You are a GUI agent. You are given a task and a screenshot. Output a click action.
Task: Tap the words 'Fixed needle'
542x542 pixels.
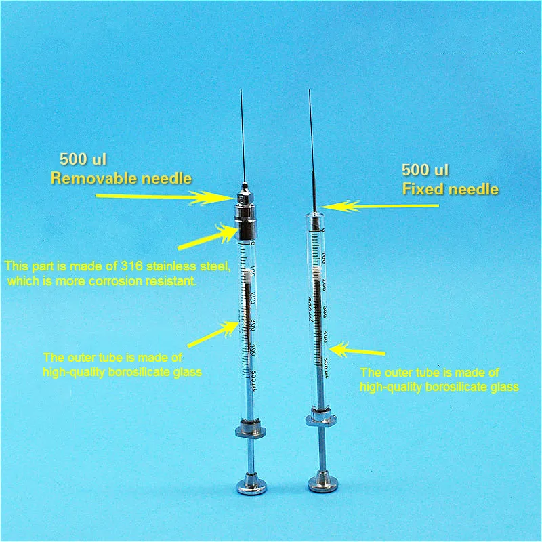pos(450,188)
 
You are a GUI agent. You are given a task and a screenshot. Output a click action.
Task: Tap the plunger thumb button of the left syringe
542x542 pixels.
pos(247,485)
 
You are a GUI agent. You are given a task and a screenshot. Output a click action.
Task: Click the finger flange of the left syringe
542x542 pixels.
pos(247,428)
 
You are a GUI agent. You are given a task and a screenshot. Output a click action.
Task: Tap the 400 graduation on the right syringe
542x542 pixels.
pos(326,337)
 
